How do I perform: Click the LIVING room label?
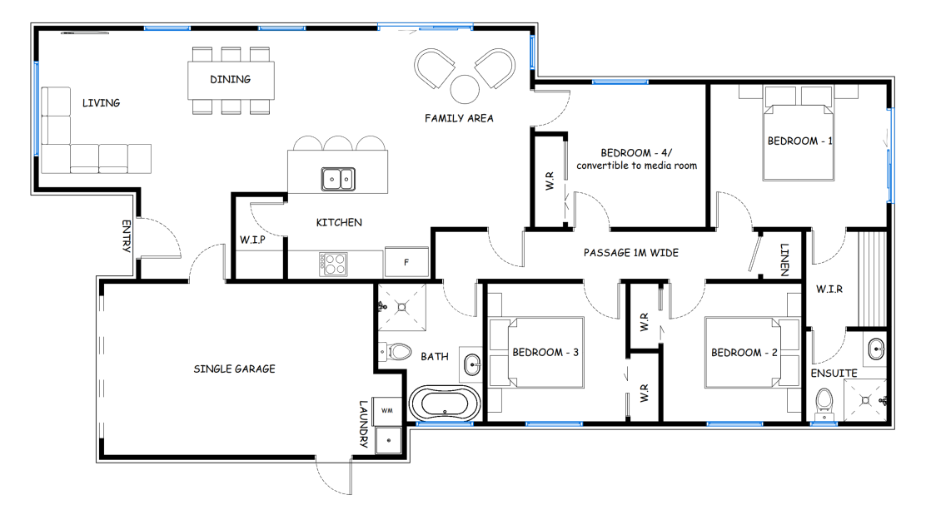(x=101, y=102)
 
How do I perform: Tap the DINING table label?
(x=231, y=80)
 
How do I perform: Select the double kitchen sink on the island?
(x=338, y=179)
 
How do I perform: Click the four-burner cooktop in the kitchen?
(x=333, y=264)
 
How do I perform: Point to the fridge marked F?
(x=406, y=262)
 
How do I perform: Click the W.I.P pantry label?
(x=252, y=240)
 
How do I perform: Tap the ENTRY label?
(x=127, y=236)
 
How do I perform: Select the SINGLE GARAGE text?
(x=235, y=369)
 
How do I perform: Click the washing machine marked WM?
(x=386, y=411)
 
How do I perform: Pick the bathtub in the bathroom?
(x=445, y=404)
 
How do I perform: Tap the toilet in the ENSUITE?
(x=824, y=403)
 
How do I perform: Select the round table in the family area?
(x=465, y=90)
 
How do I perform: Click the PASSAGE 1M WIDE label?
(x=631, y=253)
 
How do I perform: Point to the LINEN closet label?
(x=784, y=260)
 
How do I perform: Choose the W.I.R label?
(x=829, y=289)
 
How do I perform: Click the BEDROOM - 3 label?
(x=545, y=352)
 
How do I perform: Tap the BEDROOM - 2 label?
(x=744, y=353)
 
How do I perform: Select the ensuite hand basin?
(x=876, y=349)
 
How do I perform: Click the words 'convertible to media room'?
(x=636, y=166)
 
